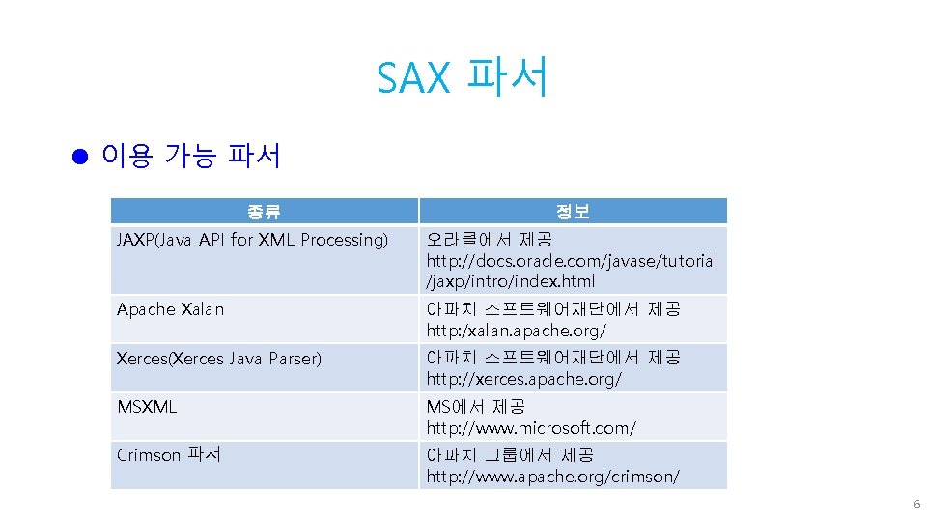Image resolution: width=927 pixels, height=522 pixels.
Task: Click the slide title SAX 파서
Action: coord(463,77)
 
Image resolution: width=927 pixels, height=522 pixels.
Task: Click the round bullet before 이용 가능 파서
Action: coord(80,156)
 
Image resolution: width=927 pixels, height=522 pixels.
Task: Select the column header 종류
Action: coord(264,212)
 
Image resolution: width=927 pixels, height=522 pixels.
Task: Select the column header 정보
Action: coord(573,212)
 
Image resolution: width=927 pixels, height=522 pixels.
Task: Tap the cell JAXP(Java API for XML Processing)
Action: coord(252,240)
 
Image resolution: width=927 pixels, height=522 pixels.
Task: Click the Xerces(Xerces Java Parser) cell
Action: coord(219,359)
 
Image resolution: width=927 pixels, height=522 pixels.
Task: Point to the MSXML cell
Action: coord(147,407)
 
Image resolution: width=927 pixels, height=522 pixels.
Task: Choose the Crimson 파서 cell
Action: coord(169,454)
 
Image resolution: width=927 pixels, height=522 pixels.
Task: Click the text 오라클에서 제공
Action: coord(490,239)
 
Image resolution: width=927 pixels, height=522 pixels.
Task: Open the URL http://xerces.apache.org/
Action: coord(524,379)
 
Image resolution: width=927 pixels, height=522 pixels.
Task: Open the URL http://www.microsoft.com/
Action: coord(531,427)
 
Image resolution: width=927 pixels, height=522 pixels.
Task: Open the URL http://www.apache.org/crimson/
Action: coord(553,477)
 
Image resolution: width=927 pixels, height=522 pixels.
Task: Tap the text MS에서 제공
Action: coord(476,406)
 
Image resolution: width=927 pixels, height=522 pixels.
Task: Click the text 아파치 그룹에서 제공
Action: coord(511,454)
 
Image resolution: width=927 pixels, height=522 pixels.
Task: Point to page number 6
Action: coord(916,505)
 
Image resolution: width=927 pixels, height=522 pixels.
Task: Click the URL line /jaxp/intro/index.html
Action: coord(511,282)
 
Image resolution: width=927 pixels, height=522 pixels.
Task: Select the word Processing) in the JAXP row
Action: coord(344,240)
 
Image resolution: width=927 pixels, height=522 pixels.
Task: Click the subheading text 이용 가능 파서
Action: coord(190,156)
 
